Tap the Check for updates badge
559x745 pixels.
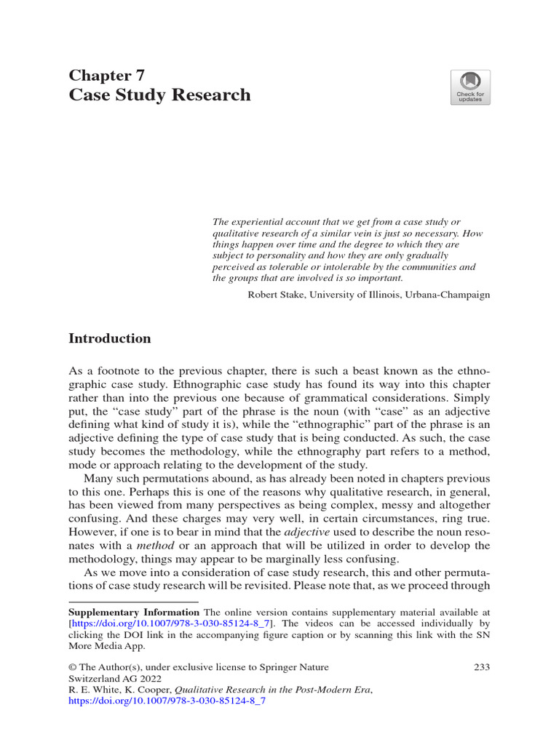(470, 88)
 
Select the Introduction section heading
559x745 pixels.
(110, 338)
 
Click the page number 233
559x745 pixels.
(482, 666)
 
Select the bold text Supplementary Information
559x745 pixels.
(133, 612)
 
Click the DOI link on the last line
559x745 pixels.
(167, 702)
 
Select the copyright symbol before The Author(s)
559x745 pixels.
(73, 667)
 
